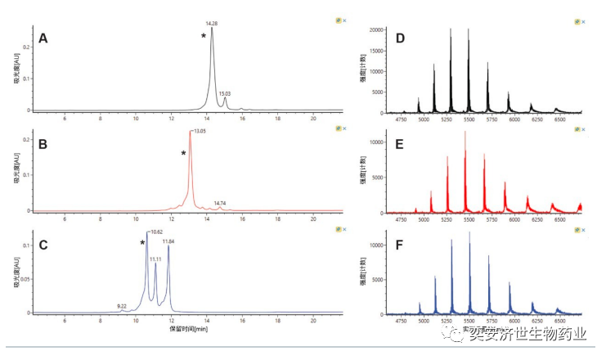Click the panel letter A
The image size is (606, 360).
tap(43, 38)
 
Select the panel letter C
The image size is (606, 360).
tap(43, 243)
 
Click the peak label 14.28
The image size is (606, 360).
tap(211, 24)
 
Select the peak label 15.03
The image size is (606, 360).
tap(225, 94)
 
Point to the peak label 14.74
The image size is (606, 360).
tap(220, 203)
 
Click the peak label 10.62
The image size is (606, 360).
tap(155, 232)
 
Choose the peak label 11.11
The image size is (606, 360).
tap(155, 259)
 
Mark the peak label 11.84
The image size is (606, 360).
tap(168, 241)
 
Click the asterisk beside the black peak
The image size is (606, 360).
tap(204, 36)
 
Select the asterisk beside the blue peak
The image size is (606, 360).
tap(142, 243)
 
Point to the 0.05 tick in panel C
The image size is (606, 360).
tap(25, 279)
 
